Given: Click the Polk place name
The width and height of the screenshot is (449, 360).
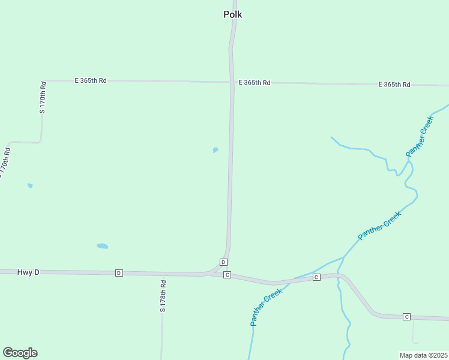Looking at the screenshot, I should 232,14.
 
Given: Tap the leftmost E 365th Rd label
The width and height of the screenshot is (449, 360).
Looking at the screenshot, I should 91,80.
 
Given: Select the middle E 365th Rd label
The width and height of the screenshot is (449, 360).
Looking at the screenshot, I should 254,82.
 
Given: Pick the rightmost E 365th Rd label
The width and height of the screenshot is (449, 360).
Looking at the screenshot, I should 394,85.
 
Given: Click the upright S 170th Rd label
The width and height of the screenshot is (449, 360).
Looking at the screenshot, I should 43,98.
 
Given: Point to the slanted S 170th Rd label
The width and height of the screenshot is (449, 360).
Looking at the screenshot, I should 5,162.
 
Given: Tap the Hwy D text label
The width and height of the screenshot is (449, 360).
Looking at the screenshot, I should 28,272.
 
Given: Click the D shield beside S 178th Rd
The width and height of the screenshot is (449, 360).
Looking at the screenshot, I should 119,273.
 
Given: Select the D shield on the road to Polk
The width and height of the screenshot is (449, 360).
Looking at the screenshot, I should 223,262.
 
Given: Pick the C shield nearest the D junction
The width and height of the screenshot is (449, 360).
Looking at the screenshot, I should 227,275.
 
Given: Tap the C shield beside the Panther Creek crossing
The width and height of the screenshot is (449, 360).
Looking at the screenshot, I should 316,277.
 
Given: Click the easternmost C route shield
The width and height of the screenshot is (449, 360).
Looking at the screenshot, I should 406,316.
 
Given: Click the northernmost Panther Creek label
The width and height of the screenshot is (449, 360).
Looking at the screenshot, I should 419,137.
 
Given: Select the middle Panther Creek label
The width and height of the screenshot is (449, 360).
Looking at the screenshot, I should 379,226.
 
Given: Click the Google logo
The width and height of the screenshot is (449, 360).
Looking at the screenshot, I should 20,353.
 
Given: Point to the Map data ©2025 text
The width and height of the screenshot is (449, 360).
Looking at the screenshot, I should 424,355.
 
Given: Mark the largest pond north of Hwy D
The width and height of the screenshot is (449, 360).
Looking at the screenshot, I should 103,246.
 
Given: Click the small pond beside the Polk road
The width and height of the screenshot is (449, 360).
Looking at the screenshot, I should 215,150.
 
